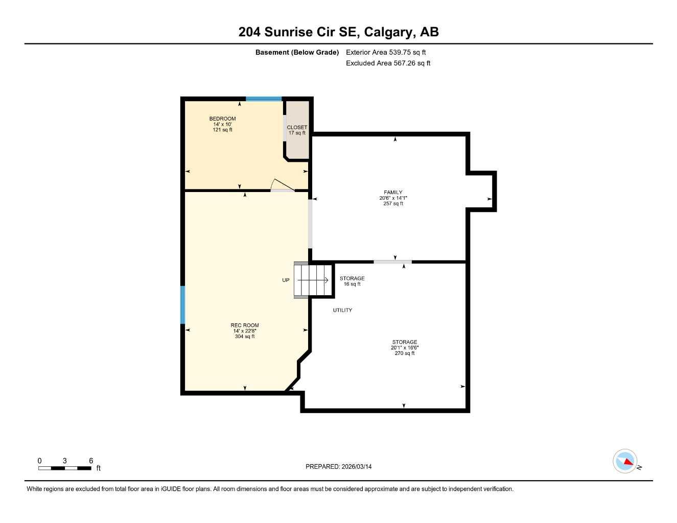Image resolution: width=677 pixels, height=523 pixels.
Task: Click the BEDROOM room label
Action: point(222,119)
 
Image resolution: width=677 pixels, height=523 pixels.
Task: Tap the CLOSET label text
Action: point(297,128)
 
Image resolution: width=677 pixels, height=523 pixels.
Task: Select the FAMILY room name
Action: point(393,193)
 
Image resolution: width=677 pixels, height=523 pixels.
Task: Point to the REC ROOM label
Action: point(244,325)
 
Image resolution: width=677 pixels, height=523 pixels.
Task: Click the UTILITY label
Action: point(342,311)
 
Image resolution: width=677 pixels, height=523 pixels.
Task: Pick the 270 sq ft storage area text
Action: point(405,353)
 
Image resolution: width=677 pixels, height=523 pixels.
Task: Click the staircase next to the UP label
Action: point(313,280)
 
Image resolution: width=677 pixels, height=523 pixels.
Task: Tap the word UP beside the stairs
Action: point(286,280)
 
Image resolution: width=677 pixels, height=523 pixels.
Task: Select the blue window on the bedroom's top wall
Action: point(264,99)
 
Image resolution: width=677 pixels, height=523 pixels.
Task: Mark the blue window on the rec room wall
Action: point(182,305)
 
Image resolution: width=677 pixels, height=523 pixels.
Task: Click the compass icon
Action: point(625,461)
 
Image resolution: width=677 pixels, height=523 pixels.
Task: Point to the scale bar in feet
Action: point(65,468)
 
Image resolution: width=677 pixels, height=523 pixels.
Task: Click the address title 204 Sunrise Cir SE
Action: point(338,32)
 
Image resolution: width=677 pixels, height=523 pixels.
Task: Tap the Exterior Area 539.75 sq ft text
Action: point(386,52)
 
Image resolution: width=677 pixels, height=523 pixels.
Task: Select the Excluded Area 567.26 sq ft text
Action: point(388,63)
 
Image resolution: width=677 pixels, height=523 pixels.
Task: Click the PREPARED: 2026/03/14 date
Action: point(338,467)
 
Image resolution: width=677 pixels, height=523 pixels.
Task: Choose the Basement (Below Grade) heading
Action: point(297,52)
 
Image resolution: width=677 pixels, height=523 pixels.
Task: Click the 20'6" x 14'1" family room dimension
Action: point(393,198)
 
